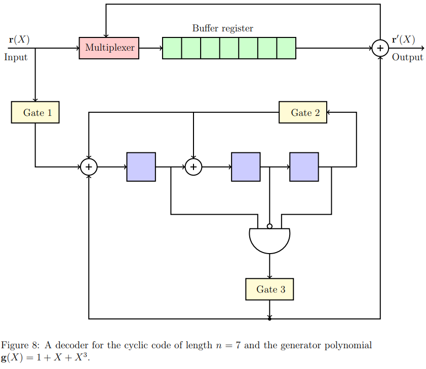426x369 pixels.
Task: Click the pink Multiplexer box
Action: click(x=109, y=48)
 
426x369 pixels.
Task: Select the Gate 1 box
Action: click(x=35, y=112)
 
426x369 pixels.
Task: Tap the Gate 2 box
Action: click(x=303, y=112)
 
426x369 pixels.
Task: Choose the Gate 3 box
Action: click(x=269, y=290)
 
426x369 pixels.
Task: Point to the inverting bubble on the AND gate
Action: click(x=269, y=226)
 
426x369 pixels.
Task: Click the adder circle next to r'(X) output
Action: click(x=380, y=48)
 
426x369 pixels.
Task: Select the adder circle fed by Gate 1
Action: click(x=89, y=166)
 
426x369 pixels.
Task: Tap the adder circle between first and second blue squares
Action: click(x=193, y=166)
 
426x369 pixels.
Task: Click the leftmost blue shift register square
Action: click(x=141, y=167)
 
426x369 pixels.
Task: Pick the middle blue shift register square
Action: click(x=246, y=167)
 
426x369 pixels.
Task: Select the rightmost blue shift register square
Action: click(x=304, y=167)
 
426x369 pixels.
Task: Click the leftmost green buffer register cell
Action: click(x=172, y=48)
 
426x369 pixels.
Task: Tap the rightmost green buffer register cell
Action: click(x=286, y=48)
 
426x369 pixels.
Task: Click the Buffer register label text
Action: click(x=222, y=28)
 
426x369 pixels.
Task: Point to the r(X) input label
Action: click(x=19, y=39)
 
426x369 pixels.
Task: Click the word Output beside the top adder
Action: click(x=407, y=57)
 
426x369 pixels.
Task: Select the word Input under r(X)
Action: click(x=16, y=57)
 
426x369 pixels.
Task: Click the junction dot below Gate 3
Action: click(x=269, y=319)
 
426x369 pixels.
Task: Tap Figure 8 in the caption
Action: click(x=20, y=346)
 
